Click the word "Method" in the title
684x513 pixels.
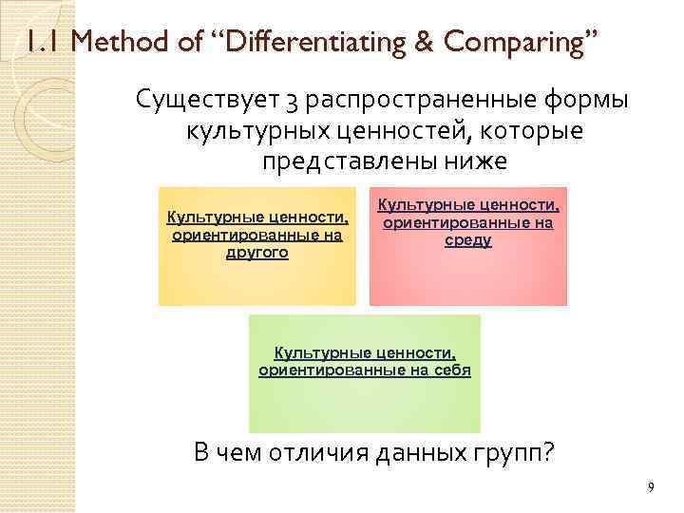[x=105, y=42]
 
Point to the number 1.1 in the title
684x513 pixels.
[x=39, y=42]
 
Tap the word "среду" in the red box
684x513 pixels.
[x=467, y=240]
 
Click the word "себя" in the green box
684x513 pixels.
[x=452, y=370]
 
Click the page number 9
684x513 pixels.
[x=650, y=487]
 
